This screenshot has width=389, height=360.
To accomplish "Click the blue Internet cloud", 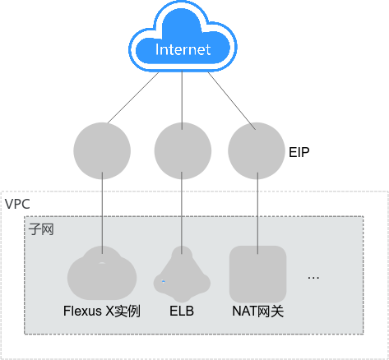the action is (183, 37).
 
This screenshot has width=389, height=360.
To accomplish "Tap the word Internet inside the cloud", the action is (183, 49).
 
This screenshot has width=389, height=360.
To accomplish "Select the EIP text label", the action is (299, 152).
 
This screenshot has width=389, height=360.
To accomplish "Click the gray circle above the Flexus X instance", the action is (102, 151).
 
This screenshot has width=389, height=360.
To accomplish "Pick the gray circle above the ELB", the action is (183, 151).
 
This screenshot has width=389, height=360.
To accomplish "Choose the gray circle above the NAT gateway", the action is (257, 151).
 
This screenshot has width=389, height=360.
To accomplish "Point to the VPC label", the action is (17, 204).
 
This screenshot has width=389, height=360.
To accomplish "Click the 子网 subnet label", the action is (41, 229).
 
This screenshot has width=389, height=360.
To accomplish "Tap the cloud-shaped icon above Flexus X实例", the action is (102, 273).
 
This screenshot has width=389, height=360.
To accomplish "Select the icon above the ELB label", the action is (182, 274).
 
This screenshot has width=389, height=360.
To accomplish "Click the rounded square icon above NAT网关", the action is (257, 274).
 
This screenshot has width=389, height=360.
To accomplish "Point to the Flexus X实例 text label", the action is (102, 312).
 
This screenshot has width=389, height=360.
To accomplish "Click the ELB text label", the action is (182, 312).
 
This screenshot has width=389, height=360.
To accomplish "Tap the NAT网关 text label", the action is (258, 312).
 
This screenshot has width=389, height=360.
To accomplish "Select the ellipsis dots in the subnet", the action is (313, 278).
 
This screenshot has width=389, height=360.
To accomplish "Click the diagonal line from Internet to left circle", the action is (133, 98).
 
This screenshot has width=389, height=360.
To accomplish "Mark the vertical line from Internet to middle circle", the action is (182, 100).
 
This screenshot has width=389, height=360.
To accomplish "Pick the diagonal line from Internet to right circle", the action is (232, 101).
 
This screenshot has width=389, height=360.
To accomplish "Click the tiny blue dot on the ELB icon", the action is (164, 281).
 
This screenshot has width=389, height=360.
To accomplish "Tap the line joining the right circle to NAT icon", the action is (257, 213).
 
